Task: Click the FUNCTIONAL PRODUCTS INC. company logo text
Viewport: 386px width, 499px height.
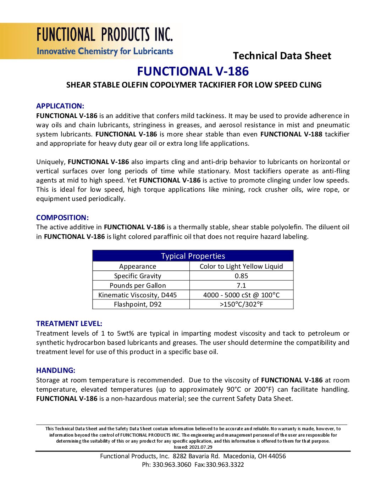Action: click(x=105, y=35)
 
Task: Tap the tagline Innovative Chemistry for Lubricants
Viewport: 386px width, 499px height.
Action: click(x=105, y=51)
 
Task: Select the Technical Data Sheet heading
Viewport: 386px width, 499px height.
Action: click(x=282, y=56)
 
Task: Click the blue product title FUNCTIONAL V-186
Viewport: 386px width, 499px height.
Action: click(x=193, y=71)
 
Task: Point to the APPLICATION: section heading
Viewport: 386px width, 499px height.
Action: click(x=60, y=106)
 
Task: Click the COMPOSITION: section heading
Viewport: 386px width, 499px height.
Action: click(x=62, y=218)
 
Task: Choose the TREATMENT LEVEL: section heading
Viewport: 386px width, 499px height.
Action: click(x=69, y=324)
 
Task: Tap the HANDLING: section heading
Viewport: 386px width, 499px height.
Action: click(x=56, y=370)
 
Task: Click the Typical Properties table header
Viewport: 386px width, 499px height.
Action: click(x=193, y=256)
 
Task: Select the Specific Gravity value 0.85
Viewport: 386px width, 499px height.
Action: click(x=241, y=276)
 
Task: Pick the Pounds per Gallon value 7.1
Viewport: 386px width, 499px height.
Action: click(x=241, y=286)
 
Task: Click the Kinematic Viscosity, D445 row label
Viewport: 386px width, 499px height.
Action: click(x=137, y=295)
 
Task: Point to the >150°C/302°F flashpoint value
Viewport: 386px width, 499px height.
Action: click(x=241, y=304)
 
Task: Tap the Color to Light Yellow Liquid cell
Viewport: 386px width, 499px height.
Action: click(x=241, y=267)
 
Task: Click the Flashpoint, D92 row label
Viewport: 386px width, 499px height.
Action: click(x=137, y=304)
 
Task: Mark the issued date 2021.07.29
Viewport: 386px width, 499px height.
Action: click(x=201, y=447)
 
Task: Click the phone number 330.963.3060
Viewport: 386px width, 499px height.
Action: click(x=172, y=465)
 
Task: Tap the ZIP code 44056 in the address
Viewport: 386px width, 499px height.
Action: click(x=277, y=456)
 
